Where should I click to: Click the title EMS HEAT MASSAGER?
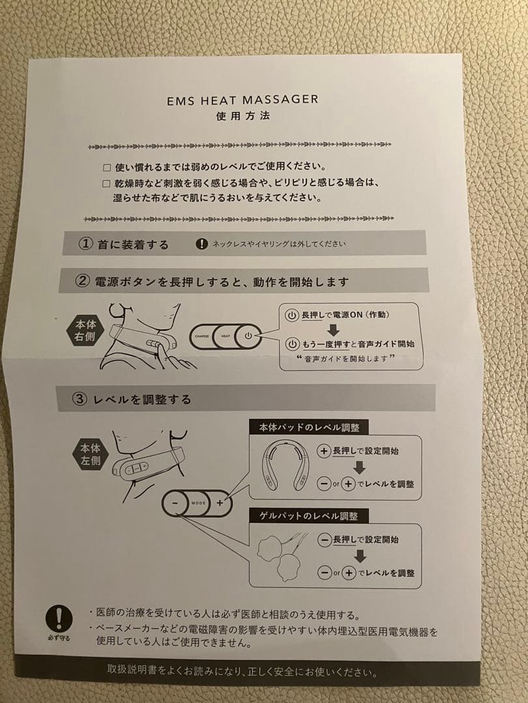tap(242, 100)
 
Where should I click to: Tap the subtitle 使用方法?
tap(242, 117)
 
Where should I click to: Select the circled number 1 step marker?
tap(85, 244)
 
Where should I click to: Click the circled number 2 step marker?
tap(82, 281)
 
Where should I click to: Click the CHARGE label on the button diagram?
tap(201, 337)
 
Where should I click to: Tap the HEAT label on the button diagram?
tap(226, 337)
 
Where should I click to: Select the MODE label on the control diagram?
tap(198, 503)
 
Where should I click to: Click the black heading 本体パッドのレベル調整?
tap(308, 428)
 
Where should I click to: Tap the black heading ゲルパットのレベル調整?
tap(308, 516)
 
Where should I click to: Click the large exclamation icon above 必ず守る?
tap(59, 618)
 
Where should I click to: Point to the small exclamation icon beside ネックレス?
tap(201, 244)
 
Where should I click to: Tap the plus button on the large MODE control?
tap(220, 503)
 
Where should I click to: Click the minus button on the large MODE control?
tap(175, 503)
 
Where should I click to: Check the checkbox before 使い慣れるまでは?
tap(108, 167)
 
